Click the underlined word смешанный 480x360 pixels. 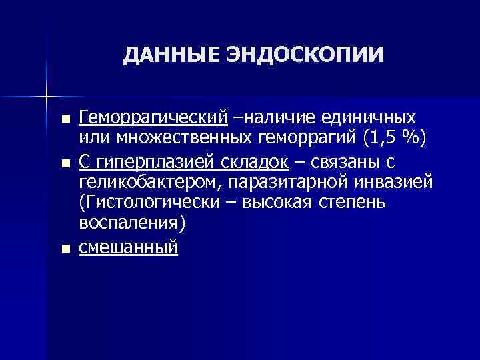click(128, 247)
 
